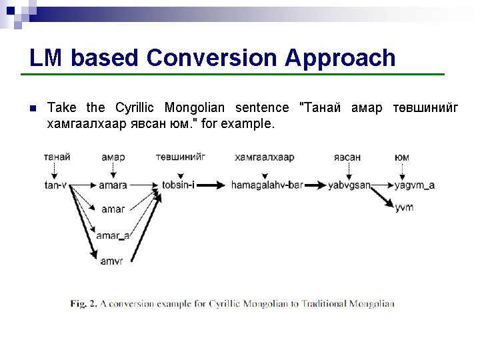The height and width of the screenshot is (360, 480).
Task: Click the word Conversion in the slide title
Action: click(x=213, y=58)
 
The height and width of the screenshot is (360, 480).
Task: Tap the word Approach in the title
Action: click(x=340, y=58)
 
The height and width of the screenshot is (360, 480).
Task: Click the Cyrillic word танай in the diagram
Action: click(x=57, y=157)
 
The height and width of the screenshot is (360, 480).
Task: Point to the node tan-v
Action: click(x=55, y=185)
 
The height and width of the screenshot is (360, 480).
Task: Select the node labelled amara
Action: click(x=113, y=185)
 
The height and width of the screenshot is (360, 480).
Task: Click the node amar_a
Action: click(x=113, y=235)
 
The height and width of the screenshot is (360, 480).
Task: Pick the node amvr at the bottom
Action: click(x=111, y=261)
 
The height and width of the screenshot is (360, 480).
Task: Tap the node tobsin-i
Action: click(x=178, y=185)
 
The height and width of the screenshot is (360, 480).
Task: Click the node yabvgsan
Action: click(x=349, y=185)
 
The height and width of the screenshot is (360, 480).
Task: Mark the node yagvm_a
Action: click(x=415, y=185)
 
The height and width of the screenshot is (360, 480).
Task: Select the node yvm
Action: click(x=404, y=207)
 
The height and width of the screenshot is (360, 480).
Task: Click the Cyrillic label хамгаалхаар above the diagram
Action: click(x=264, y=157)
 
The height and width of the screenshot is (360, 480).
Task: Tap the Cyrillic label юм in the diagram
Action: click(x=402, y=157)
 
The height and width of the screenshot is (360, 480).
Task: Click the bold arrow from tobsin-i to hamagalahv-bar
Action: click(x=212, y=185)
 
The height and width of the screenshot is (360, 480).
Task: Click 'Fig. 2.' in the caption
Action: click(x=84, y=304)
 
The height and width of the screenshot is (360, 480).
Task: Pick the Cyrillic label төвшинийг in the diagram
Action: click(x=180, y=157)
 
